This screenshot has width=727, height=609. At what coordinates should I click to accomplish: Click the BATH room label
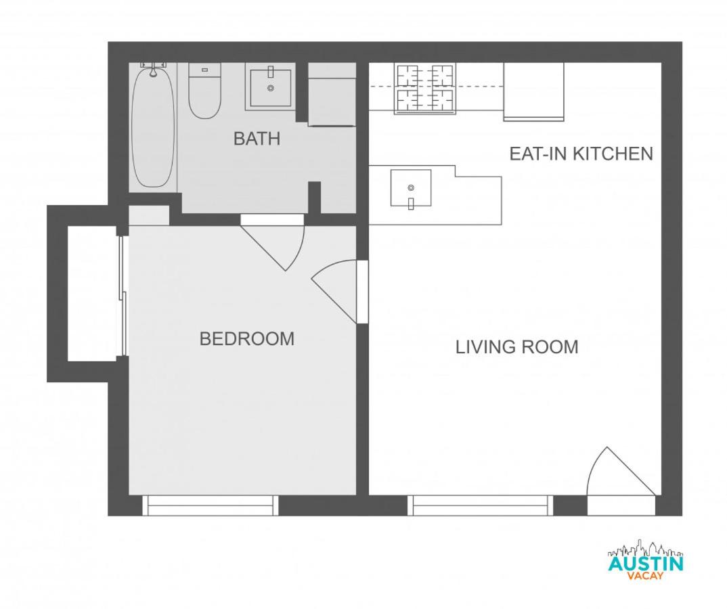click(257, 139)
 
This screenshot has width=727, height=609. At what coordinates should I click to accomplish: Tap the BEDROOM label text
click(247, 339)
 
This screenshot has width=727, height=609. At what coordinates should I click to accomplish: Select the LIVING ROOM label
click(517, 346)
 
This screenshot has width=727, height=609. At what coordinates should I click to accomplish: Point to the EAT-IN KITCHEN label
click(581, 154)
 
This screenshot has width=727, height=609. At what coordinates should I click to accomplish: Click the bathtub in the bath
click(154, 127)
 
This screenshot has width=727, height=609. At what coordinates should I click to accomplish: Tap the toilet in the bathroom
click(204, 91)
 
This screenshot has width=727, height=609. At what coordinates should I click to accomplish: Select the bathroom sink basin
click(271, 88)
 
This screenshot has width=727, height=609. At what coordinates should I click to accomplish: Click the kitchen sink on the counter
click(411, 188)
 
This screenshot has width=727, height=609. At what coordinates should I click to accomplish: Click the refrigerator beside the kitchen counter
click(533, 92)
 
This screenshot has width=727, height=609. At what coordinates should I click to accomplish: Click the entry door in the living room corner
click(621, 480)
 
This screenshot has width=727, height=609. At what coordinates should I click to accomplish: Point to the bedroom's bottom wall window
click(210, 505)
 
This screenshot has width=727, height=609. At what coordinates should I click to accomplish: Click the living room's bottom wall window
click(481, 505)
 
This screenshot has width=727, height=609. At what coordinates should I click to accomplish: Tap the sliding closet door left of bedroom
click(123, 296)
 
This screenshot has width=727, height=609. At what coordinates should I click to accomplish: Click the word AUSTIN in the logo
click(645, 564)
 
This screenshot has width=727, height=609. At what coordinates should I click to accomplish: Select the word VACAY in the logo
click(645, 576)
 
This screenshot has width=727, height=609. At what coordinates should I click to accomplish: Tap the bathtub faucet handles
click(153, 65)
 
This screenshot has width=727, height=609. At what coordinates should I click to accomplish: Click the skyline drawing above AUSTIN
click(645, 548)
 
